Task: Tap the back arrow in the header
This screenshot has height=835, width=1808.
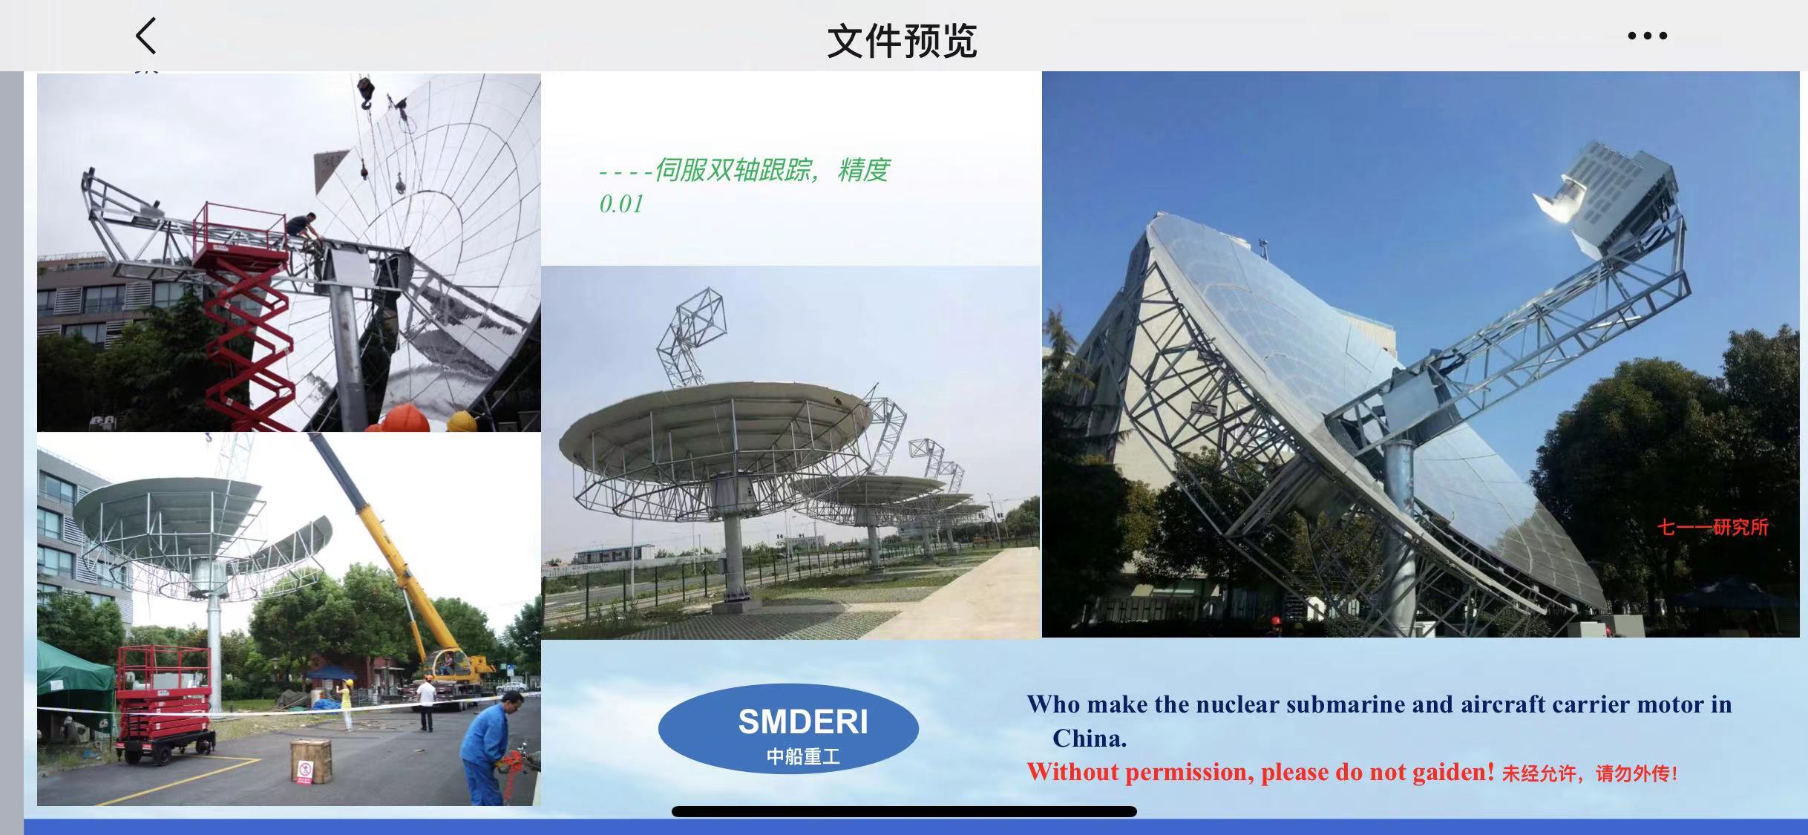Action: pyautogui.click(x=146, y=36)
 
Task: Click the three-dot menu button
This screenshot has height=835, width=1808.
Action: pyautogui.click(x=1647, y=36)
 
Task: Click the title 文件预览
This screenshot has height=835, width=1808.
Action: pyautogui.click(x=902, y=41)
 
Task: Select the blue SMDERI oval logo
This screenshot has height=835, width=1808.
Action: pyautogui.click(x=788, y=728)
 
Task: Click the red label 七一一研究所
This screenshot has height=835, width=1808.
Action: pyautogui.click(x=1713, y=528)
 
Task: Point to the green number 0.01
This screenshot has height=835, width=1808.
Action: pyautogui.click(x=621, y=204)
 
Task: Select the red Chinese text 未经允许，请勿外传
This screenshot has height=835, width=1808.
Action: pyautogui.click(x=1589, y=774)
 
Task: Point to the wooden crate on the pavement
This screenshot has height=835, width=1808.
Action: pyautogui.click(x=310, y=761)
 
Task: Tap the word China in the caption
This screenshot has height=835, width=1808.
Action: pyautogui.click(x=1090, y=739)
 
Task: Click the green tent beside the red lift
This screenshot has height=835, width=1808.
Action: pyautogui.click(x=74, y=687)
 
